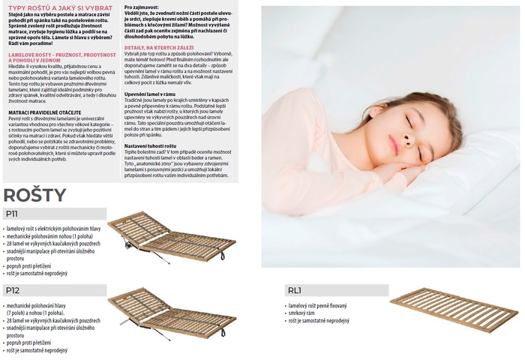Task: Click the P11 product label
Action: (x=12, y=214)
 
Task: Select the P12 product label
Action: (x=12, y=290)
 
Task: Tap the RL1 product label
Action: (x=295, y=290)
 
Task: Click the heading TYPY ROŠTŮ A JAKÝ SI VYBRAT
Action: (x=60, y=7)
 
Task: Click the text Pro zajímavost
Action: (x=142, y=7)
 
